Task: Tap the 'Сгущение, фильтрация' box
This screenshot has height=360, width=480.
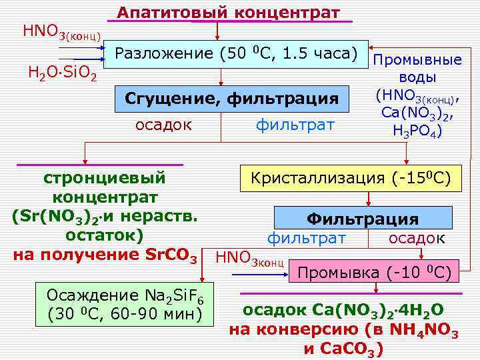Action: point(232,99)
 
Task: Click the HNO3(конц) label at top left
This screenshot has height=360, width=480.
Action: point(62,31)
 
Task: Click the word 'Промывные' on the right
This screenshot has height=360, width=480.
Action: point(418,60)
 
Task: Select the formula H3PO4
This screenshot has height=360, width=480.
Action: point(418,131)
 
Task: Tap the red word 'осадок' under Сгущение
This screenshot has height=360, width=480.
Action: point(164,124)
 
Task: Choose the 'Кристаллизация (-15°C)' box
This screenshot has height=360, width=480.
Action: point(351,178)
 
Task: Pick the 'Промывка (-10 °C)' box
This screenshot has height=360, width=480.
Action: point(374,272)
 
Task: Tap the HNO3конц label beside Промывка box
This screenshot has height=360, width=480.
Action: point(251,257)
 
